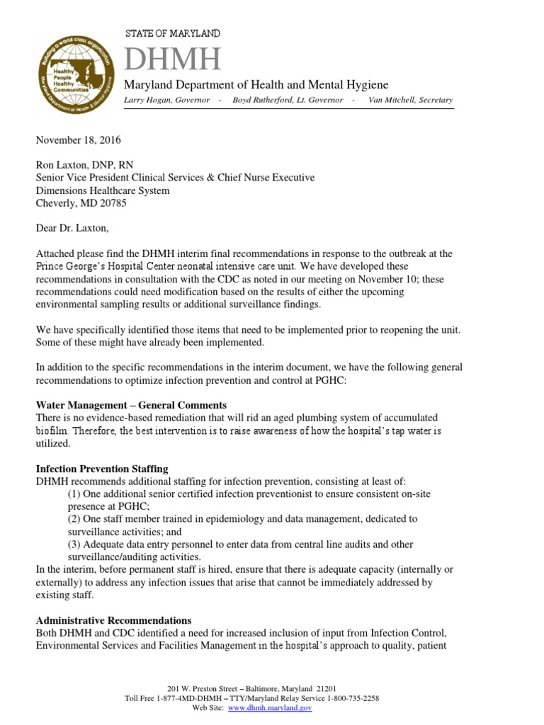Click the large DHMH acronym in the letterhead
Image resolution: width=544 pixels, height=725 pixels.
[x=173, y=59]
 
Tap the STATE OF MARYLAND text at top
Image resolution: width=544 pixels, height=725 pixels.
[x=172, y=33]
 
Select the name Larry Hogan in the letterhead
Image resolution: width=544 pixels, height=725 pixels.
[x=147, y=100]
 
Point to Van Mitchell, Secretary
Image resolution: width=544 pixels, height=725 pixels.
[x=410, y=100]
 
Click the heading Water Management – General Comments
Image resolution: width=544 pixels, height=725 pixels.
[x=131, y=405]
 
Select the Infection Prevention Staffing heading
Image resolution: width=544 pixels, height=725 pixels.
[x=102, y=469]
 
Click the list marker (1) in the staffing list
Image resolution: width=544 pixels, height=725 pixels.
[x=74, y=493]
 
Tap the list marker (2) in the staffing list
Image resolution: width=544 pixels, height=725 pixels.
[x=74, y=518]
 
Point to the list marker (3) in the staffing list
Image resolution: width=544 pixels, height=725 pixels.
[x=74, y=544]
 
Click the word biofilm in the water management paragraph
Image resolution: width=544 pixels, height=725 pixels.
[x=51, y=430]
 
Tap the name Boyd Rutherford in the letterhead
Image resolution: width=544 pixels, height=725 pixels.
[x=271, y=100]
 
